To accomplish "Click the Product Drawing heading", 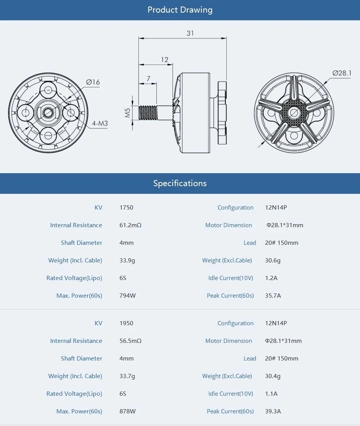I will tap(180, 10).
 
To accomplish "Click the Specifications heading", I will tap(180, 183).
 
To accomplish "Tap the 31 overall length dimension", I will tap(190, 33).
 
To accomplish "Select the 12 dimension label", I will tap(164, 59).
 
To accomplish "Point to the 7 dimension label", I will tap(148, 79).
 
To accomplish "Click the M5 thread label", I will tap(128, 112).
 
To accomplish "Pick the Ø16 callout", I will tap(93, 82).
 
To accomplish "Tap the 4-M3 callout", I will tap(99, 123).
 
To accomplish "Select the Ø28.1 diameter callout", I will tap(342, 73).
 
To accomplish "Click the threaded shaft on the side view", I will tap(149, 112).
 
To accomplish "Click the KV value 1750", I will tap(126, 208).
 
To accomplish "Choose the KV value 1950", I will tap(126, 323).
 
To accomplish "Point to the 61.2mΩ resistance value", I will tap(130, 225).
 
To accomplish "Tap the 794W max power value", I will tap(128, 296).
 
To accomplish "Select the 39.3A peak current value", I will tap(273, 411).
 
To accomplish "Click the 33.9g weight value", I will tap(127, 261).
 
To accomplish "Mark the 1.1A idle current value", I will tap(271, 394).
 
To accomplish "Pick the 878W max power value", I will tap(128, 411).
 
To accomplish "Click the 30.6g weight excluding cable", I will tap(273, 261).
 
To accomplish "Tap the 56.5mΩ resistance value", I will tap(130, 341).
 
